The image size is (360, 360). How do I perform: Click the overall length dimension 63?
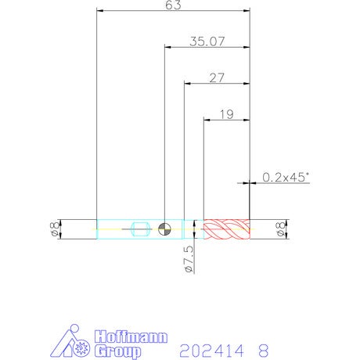pyautogui.click(x=173, y=5)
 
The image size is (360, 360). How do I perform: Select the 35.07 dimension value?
pyautogui.click(x=207, y=41)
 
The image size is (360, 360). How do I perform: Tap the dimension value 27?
pyautogui.click(x=217, y=77)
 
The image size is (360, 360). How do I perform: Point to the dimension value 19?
pyautogui.click(x=227, y=114)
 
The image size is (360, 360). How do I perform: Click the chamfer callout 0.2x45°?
pyautogui.click(x=286, y=178)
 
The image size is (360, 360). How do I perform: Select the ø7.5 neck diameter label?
pyautogui.click(x=189, y=259)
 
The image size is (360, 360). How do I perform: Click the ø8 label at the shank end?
pyautogui.click(x=55, y=229)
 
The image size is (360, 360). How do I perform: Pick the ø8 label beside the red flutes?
pyautogui.click(x=281, y=229)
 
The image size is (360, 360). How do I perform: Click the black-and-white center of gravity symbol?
pyautogui.click(x=164, y=229)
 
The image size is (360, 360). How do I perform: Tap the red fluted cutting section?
pyautogui.click(x=227, y=229)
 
